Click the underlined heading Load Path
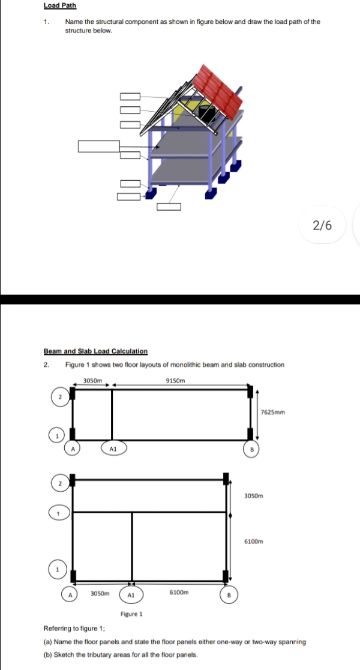click(x=60, y=6)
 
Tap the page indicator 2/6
click(x=322, y=225)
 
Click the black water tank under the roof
click(x=207, y=113)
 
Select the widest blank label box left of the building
click(x=99, y=146)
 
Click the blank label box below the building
click(x=169, y=207)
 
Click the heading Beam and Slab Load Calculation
click(x=95, y=351)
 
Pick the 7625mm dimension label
click(x=272, y=412)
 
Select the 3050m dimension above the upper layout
click(x=92, y=380)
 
